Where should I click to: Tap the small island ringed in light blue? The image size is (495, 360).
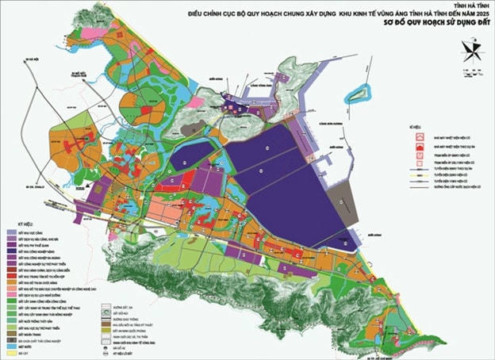click(x=361, y=94)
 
